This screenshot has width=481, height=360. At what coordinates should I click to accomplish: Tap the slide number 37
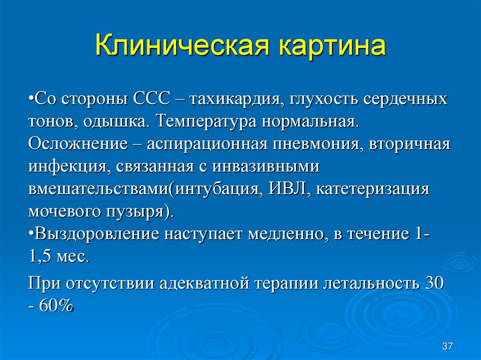coord(447,346)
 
